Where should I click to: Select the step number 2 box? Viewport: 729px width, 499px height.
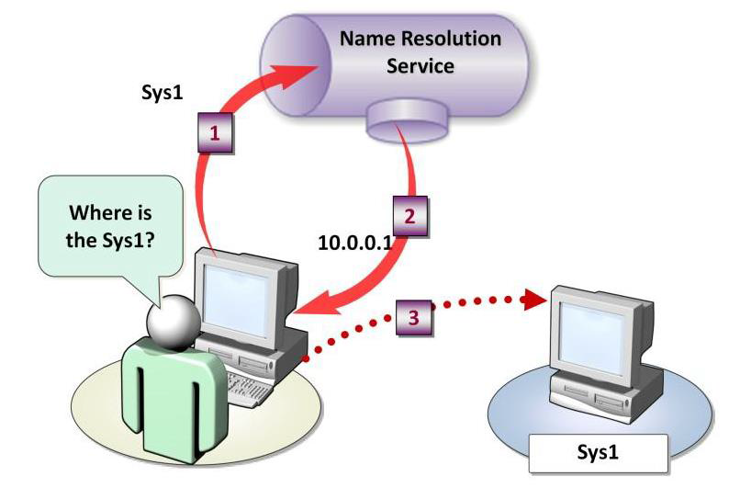410,218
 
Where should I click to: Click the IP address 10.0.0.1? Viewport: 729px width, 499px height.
354,244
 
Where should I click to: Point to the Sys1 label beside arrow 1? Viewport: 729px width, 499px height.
162,94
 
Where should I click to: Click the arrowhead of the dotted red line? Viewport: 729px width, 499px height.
527,300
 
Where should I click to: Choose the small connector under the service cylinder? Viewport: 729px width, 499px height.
399,116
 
